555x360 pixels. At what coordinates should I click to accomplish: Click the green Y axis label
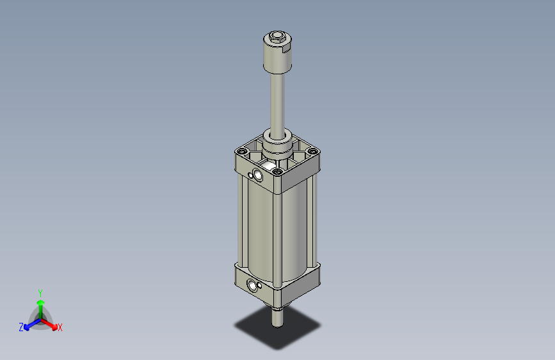click(40, 292)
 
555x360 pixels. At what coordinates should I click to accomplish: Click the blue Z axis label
click(21, 327)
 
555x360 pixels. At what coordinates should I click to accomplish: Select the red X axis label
click(60, 328)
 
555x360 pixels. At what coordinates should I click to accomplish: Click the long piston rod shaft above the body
click(277, 102)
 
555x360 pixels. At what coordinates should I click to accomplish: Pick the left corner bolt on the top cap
click(241, 152)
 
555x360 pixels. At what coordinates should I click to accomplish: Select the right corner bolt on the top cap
click(312, 152)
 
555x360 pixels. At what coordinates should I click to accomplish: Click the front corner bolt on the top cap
click(277, 171)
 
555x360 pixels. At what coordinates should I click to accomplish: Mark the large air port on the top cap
click(257, 175)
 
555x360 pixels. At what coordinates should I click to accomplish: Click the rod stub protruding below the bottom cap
click(277, 315)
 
